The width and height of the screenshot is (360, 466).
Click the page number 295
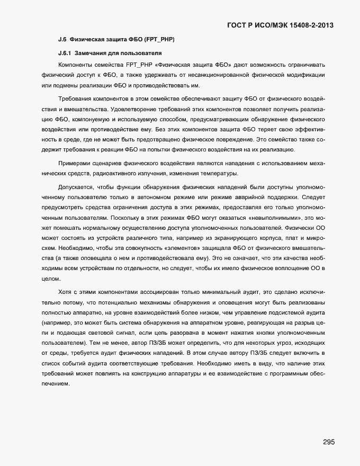click(328, 442)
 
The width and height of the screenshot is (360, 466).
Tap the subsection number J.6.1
click(66, 53)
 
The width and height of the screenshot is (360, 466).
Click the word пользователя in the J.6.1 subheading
click(139, 53)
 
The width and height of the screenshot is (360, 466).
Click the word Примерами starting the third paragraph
click(74, 165)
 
